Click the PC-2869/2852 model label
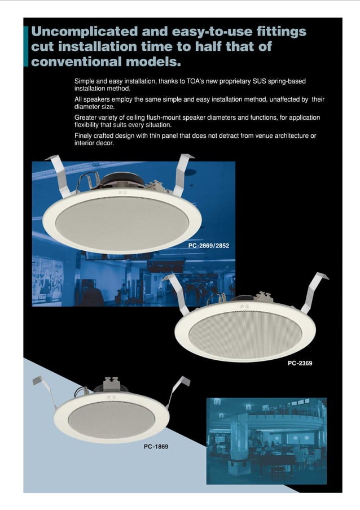[209, 246]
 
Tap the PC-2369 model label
[300, 363]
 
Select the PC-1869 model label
[156, 446]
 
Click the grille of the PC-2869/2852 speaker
[121, 220]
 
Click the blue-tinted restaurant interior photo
[266, 433]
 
